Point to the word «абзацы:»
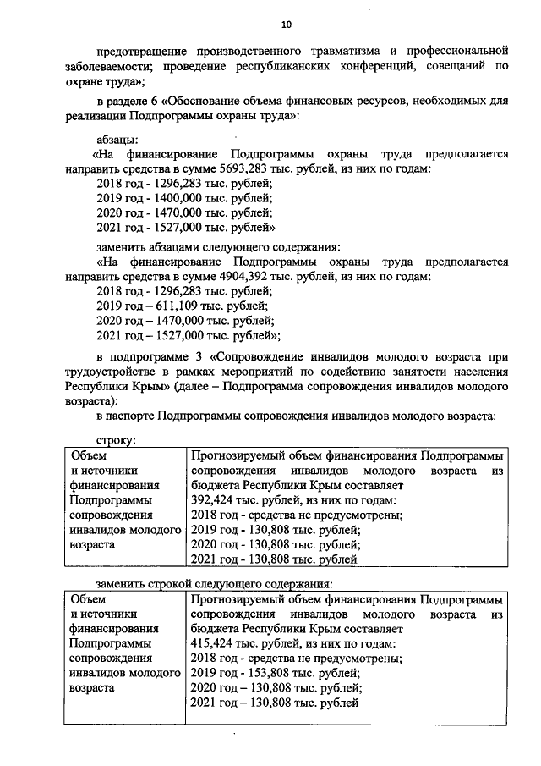(119, 139)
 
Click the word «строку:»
(117, 440)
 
